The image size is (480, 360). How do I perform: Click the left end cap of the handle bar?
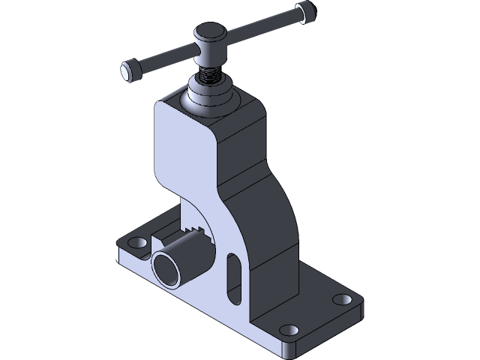point(128,70)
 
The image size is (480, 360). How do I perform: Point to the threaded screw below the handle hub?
point(209,75)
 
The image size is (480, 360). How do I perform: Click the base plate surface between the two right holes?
point(315,315)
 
